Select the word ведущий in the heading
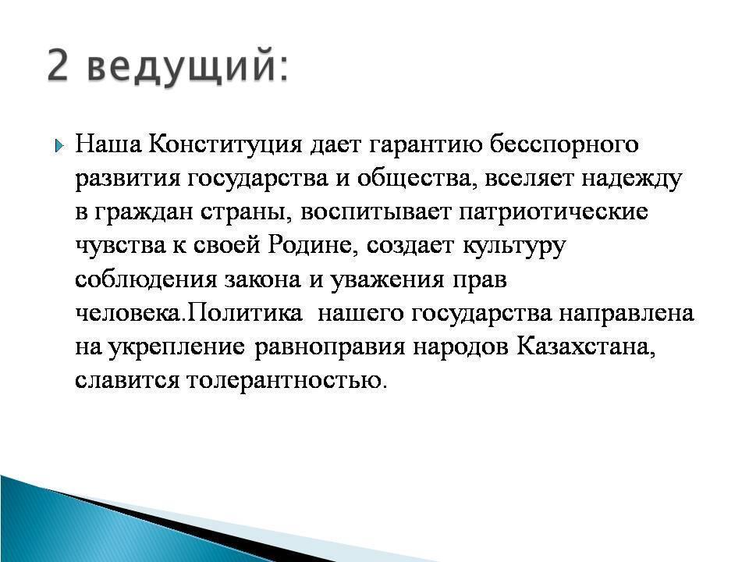(183, 66)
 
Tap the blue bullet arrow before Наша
(59, 145)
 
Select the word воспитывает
(375, 212)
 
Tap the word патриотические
(553, 212)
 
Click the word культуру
(514, 247)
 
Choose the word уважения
(388, 281)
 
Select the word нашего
(360, 314)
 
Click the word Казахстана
(586, 347)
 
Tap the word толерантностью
(286, 381)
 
